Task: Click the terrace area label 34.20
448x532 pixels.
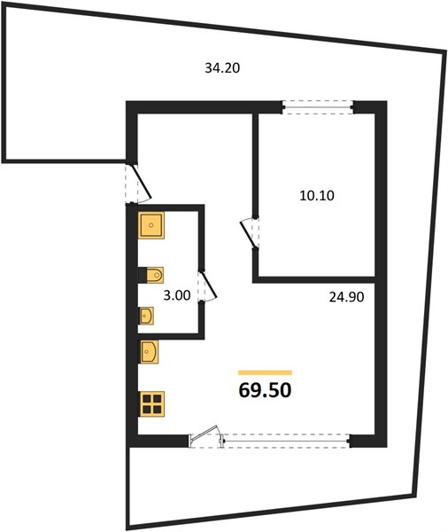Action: click(222, 68)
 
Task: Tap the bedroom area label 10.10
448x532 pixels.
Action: click(317, 195)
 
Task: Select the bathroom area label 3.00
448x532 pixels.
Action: click(176, 295)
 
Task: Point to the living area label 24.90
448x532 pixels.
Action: click(347, 297)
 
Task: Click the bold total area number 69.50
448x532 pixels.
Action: click(265, 390)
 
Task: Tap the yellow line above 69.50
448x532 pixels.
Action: click(265, 372)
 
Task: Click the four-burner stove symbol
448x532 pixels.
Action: click(151, 403)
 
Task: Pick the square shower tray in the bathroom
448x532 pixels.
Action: click(151, 225)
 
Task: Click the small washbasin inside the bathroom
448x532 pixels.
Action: click(146, 316)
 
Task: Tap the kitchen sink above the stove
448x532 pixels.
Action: click(149, 352)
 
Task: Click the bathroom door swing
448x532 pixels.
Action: click(207, 286)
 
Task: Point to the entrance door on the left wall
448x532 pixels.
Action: click(138, 184)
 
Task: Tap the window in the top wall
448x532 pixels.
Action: click(318, 107)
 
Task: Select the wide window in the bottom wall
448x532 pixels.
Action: click(286, 441)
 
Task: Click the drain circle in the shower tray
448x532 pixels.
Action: click(151, 225)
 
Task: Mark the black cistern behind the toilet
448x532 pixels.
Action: click(143, 275)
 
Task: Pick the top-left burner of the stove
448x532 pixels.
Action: click(146, 398)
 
